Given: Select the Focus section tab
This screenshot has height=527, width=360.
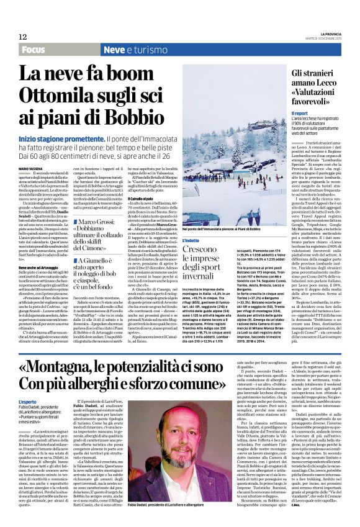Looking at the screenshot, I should [34, 49].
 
